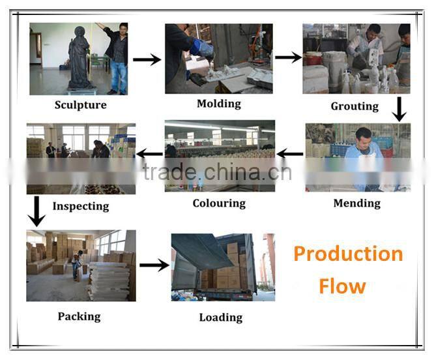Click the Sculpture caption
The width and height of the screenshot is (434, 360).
point(81,105)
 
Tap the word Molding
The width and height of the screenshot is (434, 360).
point(219,104)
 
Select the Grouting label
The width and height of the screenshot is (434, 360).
point(355,106)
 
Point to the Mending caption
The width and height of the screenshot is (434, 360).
point(357,203)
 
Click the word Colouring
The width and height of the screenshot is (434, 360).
point(219,203)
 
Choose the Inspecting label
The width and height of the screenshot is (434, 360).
point(81,206)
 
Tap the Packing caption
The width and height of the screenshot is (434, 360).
point(79,316)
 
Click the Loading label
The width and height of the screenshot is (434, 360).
point(221,318)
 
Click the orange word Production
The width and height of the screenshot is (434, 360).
point(348,254)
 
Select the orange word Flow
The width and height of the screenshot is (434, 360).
point(342,286)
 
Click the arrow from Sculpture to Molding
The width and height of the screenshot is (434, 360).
point(147,59)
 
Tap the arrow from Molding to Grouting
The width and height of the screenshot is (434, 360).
point(289,57)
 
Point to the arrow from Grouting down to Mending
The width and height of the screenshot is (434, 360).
point(399,109)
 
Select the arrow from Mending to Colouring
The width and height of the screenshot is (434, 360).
point(290,154)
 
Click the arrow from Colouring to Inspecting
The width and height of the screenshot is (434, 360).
point(149,154)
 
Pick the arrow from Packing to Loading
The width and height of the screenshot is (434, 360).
point(154,265)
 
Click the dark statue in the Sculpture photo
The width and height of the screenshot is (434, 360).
point(80,59)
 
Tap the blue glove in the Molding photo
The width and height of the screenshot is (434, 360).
point(203,48)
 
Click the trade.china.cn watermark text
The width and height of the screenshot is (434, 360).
point(217,172)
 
